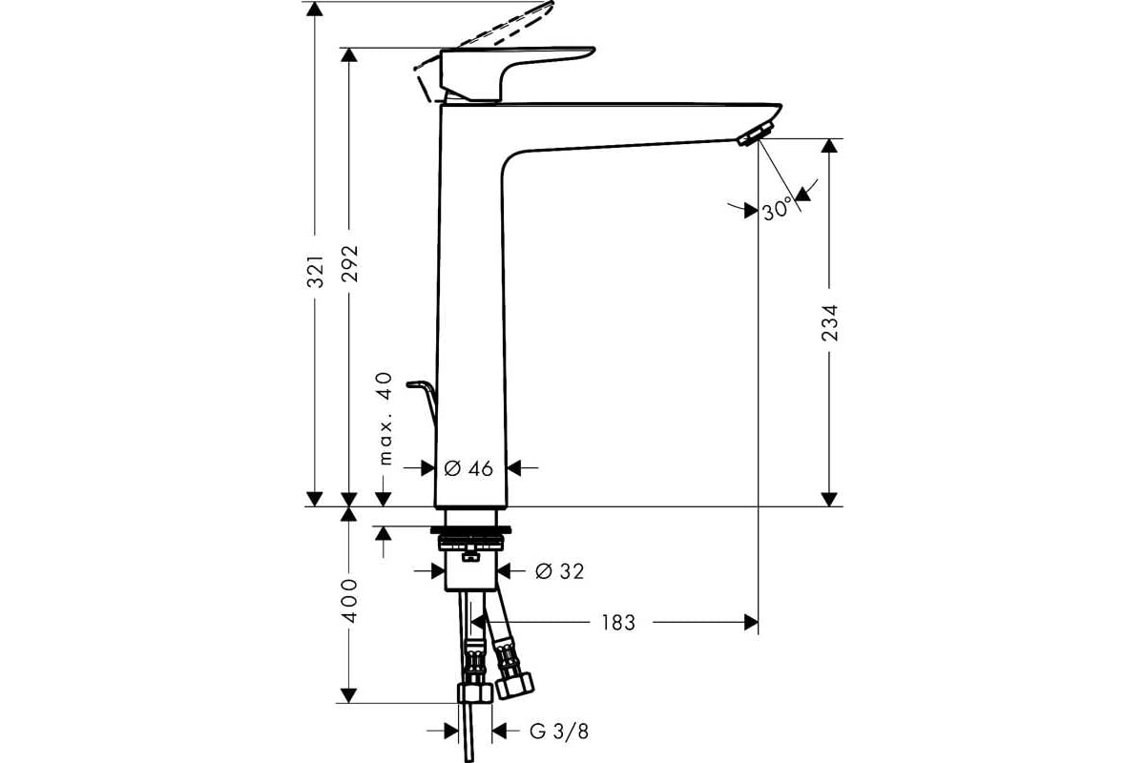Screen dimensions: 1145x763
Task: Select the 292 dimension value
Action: (350, 264)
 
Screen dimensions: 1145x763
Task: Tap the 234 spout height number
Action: (829, 323)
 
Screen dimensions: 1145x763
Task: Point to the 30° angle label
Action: (777, 210)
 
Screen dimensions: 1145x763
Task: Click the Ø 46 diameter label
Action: (468, 468)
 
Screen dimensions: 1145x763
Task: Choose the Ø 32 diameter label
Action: (560, 571)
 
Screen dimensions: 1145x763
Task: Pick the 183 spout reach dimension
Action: (618, 623)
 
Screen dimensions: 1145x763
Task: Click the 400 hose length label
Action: (350, 600)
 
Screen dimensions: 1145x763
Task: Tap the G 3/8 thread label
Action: (559, 732)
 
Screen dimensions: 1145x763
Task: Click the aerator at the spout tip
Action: (755, 134)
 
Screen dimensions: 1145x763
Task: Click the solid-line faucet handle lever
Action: (517, 74)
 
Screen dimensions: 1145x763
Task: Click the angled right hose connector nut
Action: (514, 686)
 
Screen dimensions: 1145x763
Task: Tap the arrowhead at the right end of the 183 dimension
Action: (751, 623)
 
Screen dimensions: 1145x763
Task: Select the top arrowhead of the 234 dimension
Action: (829, 146)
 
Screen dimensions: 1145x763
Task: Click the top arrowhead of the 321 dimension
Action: (314, 9)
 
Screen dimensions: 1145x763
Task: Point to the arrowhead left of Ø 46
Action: (427, 467)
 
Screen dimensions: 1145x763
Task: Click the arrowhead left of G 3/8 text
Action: (450, 731)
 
